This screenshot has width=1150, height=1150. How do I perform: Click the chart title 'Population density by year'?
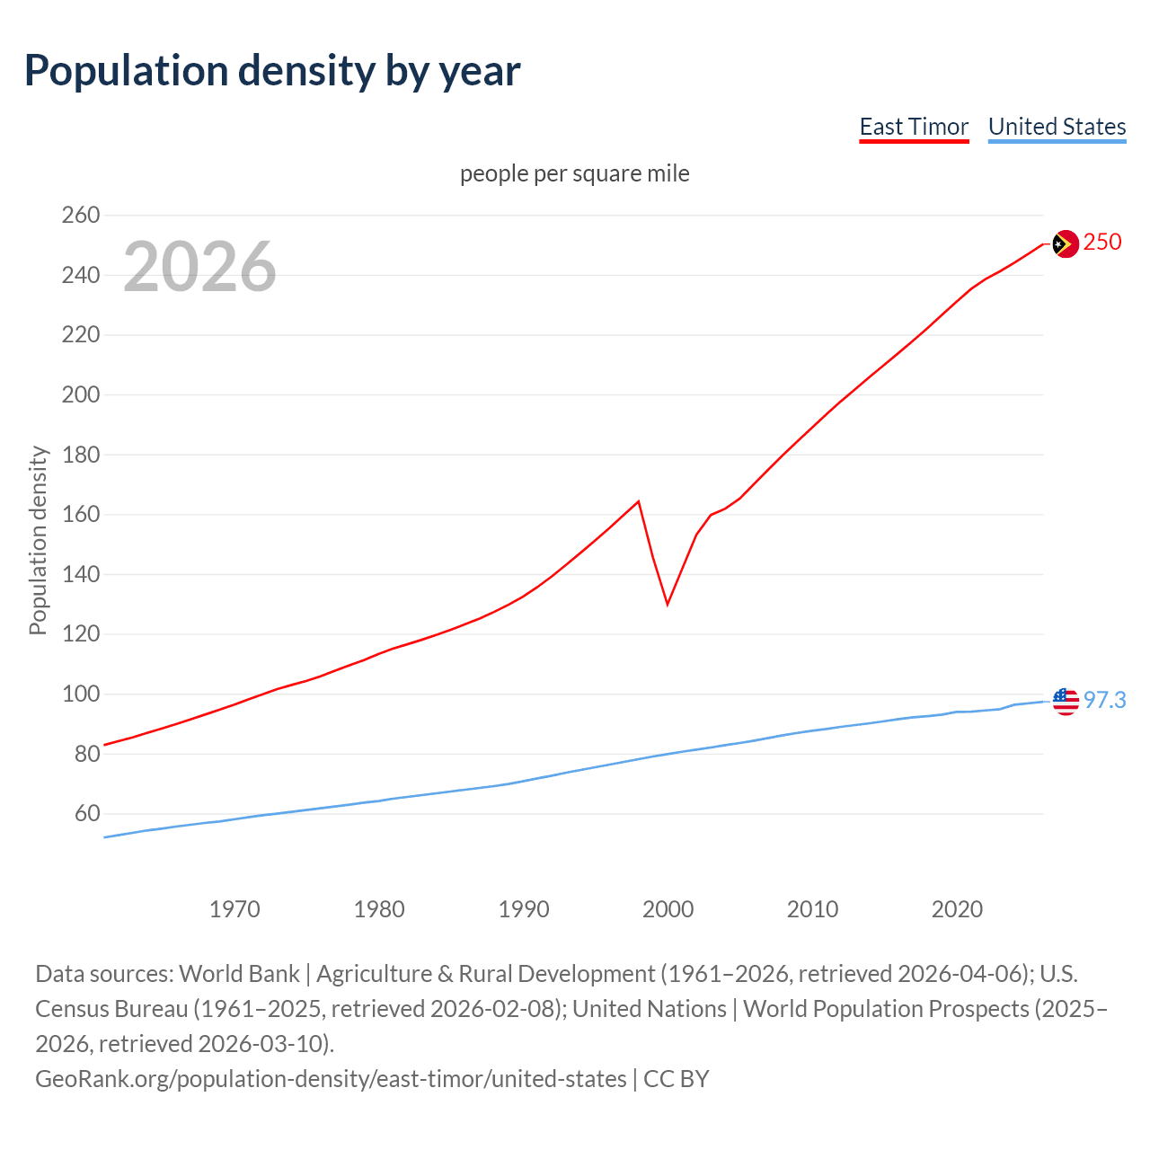(272, 71)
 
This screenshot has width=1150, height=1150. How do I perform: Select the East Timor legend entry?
(914, 127)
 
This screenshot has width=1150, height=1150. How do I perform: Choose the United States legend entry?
(1057, 127)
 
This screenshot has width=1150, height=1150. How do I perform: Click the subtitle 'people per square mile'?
(575, 173)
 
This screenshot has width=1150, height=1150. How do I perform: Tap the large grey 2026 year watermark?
(199, 266)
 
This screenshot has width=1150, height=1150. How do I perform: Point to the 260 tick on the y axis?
(80, 216)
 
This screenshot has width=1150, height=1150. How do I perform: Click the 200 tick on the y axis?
(80, 395)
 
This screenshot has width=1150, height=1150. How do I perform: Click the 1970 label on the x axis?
(234, 909)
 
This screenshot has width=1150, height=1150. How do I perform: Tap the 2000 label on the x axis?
(668, 909)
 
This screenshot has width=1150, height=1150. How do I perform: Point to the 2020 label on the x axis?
(957, 909)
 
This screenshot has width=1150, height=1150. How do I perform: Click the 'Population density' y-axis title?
(38, 541)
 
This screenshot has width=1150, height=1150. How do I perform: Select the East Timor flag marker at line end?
(1065, 243)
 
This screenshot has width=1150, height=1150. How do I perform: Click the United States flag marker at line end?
(1065, 701)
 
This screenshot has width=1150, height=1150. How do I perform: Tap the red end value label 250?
(1102, 243)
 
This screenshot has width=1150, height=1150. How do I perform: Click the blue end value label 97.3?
(1104, 700)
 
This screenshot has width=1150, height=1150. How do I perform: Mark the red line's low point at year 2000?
(668, 604)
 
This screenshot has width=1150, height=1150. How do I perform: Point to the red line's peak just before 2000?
(638, 501)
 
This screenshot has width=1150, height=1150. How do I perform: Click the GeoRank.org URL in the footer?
(331, 1079)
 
